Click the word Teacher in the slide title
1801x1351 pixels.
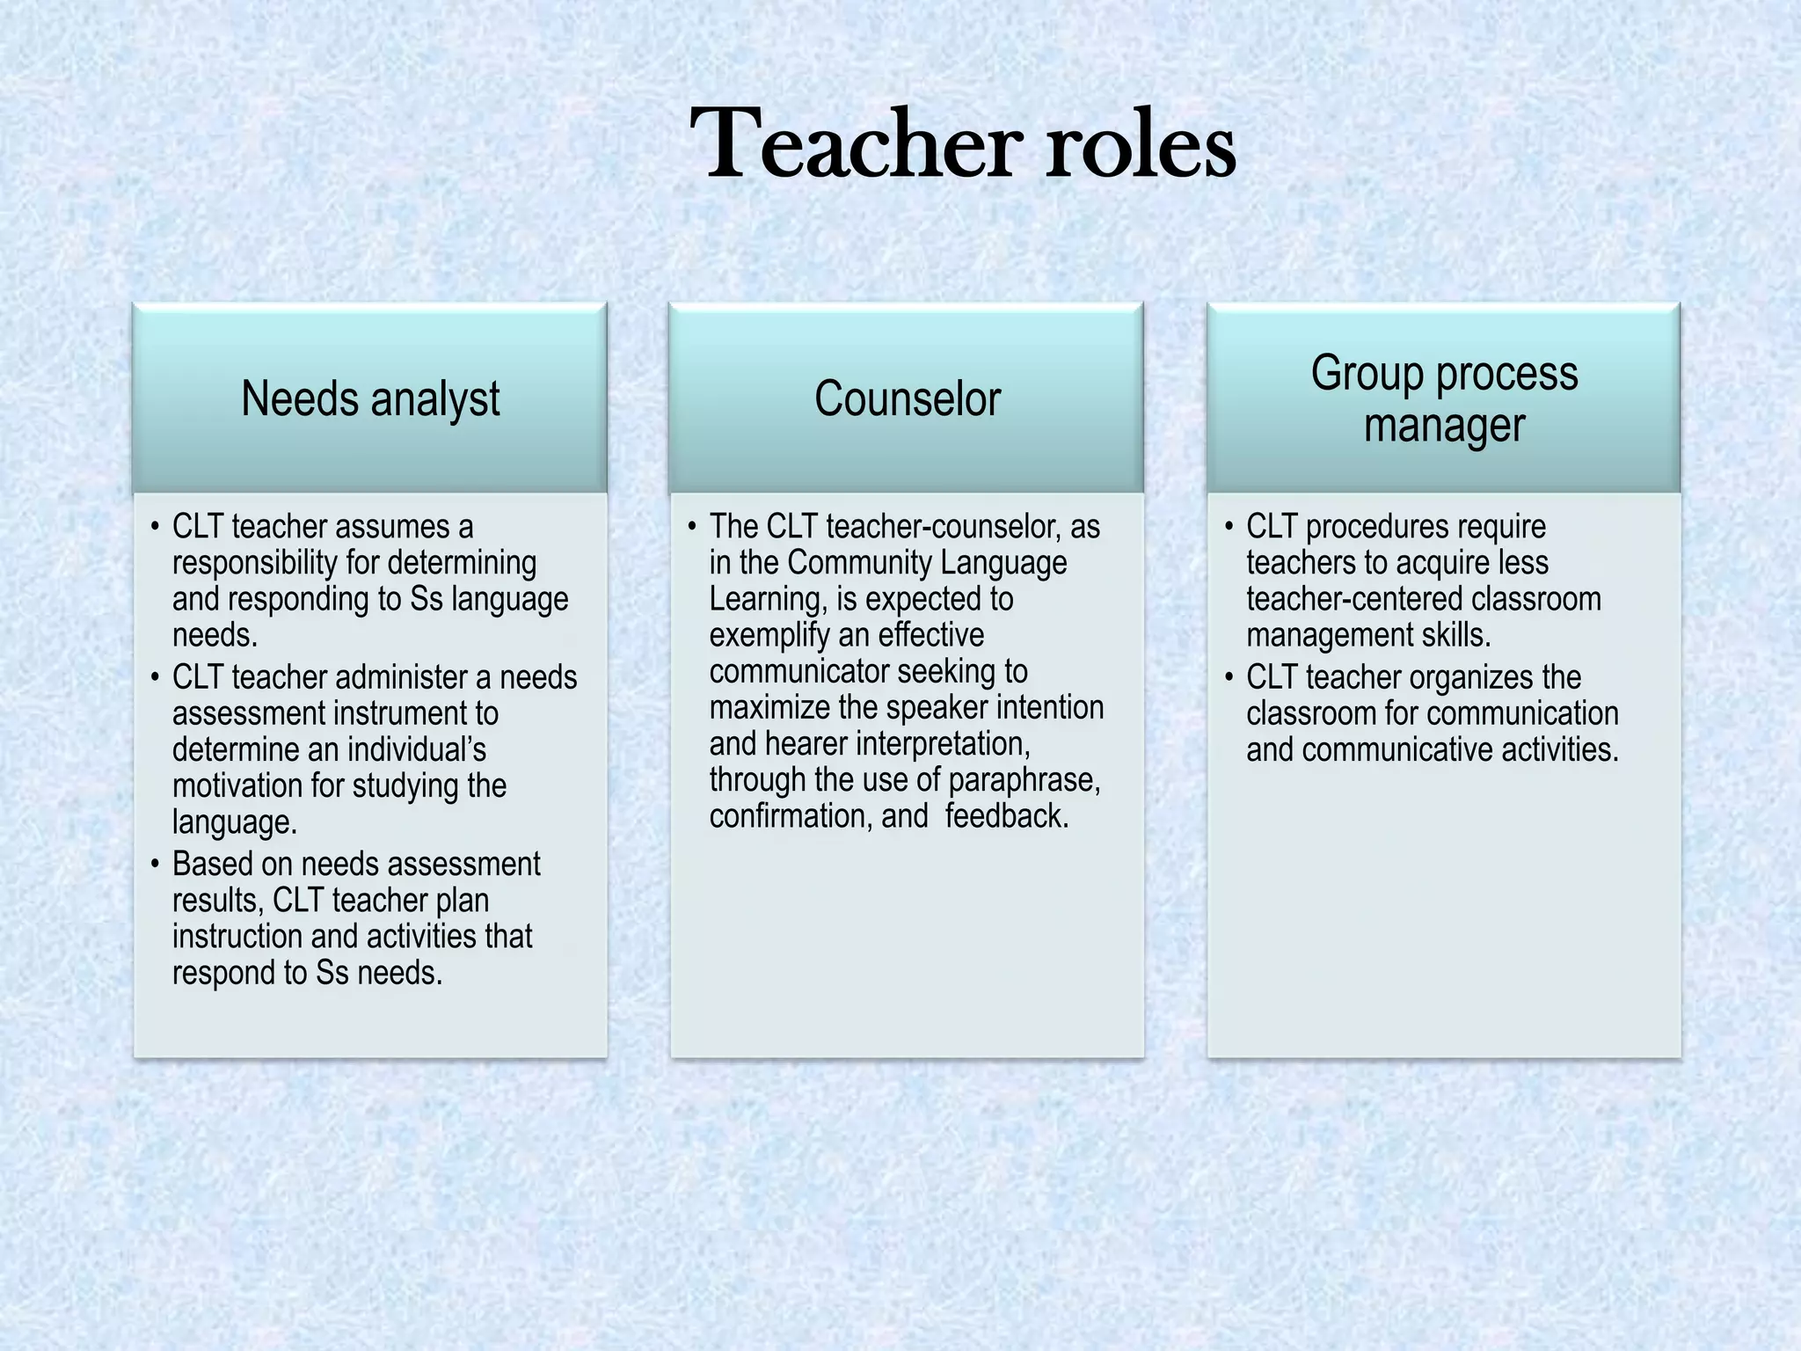pyautogui.click(x=855, y=143)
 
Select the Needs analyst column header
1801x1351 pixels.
pyautogui.click(x=370, y=398)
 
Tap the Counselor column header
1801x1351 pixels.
pyautogui.click(x=907, y=398)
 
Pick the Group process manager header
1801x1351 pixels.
pyautogui.click(x=1444, y=398)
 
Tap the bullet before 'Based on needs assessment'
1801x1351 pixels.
pyautogui.click(x=155, y=864)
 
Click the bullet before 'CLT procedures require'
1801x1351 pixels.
pyautogui.click(x=1229, y=527)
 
